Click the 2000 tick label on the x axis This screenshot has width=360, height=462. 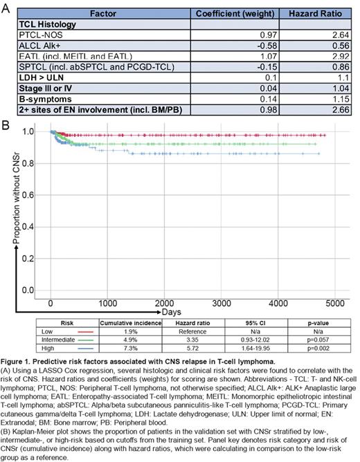point(164,284)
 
